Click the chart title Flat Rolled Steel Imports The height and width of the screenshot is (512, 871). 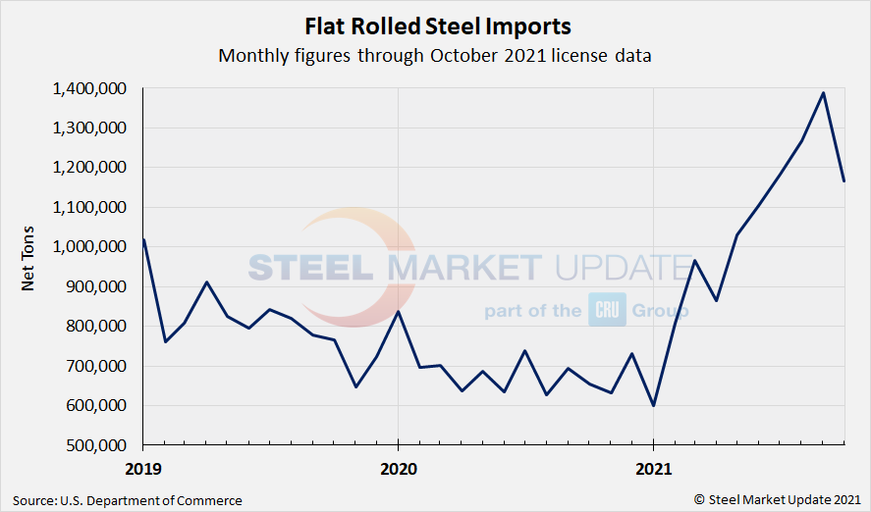435,25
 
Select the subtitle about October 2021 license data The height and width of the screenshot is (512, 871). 435,55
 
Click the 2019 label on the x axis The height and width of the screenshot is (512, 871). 144,468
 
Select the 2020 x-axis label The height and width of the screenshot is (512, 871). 398,468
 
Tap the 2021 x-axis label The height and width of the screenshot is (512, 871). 653,468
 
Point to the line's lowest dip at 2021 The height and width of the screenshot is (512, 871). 653,405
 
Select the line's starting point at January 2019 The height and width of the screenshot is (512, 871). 144,239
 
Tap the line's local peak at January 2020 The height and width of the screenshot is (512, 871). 398,311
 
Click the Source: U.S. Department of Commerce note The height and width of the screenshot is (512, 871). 128,500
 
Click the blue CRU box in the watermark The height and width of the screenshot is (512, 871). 601,310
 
